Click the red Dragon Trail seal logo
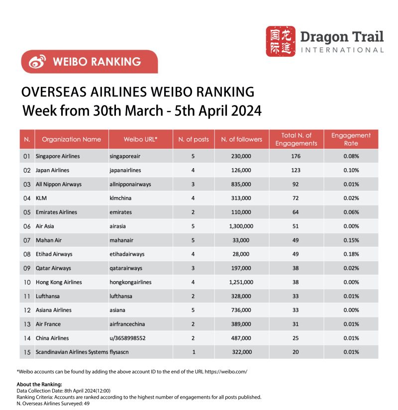pyautogui.click(x=281, y=41)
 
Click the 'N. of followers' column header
pyautogui.click(x=241, y=139)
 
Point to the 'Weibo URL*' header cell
pyautogui.click(x=140, y=139)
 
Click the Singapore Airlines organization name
pyautogui.click(x=58, y=156)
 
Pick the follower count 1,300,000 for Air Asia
pyautogui.click(x=241, y=226)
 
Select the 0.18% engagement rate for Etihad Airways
pyautogui.click(x=351, y=254)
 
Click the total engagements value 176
pyautogui.click(x=296, y=156)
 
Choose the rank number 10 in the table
pyautogui.click(x=27, y=282)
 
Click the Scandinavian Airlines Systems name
pyautogui.click(x=72, y=352)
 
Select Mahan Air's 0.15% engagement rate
pyautogui.click(x=351, y=240)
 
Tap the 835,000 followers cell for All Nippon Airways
pyautogui.click(x=241, y=184)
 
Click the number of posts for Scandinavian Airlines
pyautogui.click(x=194, y=352)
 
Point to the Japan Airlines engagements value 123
pyautogui.click(x=296, y=170)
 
